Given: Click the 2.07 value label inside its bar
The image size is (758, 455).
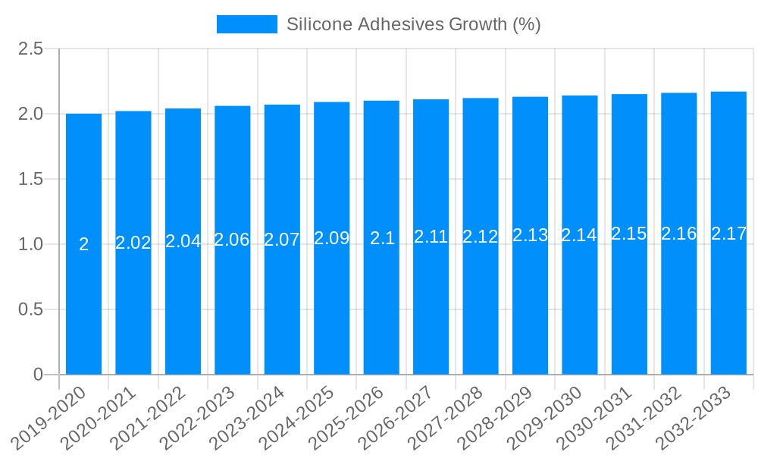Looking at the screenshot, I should pyautogui.click(x=282, y=240).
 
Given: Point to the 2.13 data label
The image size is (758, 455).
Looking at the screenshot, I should pyautogui.click(x=530, y=235).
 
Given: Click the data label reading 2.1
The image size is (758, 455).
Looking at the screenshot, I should pyautogui.click(x=382, y=238).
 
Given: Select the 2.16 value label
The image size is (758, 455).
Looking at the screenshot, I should pyautogui.click(x=678, y=234).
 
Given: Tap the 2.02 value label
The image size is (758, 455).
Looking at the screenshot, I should pyautogui.click(x=133, y=243).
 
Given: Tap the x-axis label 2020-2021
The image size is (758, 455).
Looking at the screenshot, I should pyautogui.click(x=99, y=417).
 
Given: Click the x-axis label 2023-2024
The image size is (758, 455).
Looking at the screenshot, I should pyautogui.click(x=247, y=417).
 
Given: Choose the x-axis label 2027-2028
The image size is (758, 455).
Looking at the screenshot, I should pyautogui.click(x=446, y=417).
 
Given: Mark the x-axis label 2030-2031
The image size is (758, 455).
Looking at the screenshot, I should pyautogui.click(x=594, y=417).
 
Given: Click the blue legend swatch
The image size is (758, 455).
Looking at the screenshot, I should pyautogui.click(x=246, y=24).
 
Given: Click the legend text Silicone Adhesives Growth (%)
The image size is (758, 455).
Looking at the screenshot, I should pyautogui.click(x=413, y=24).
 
